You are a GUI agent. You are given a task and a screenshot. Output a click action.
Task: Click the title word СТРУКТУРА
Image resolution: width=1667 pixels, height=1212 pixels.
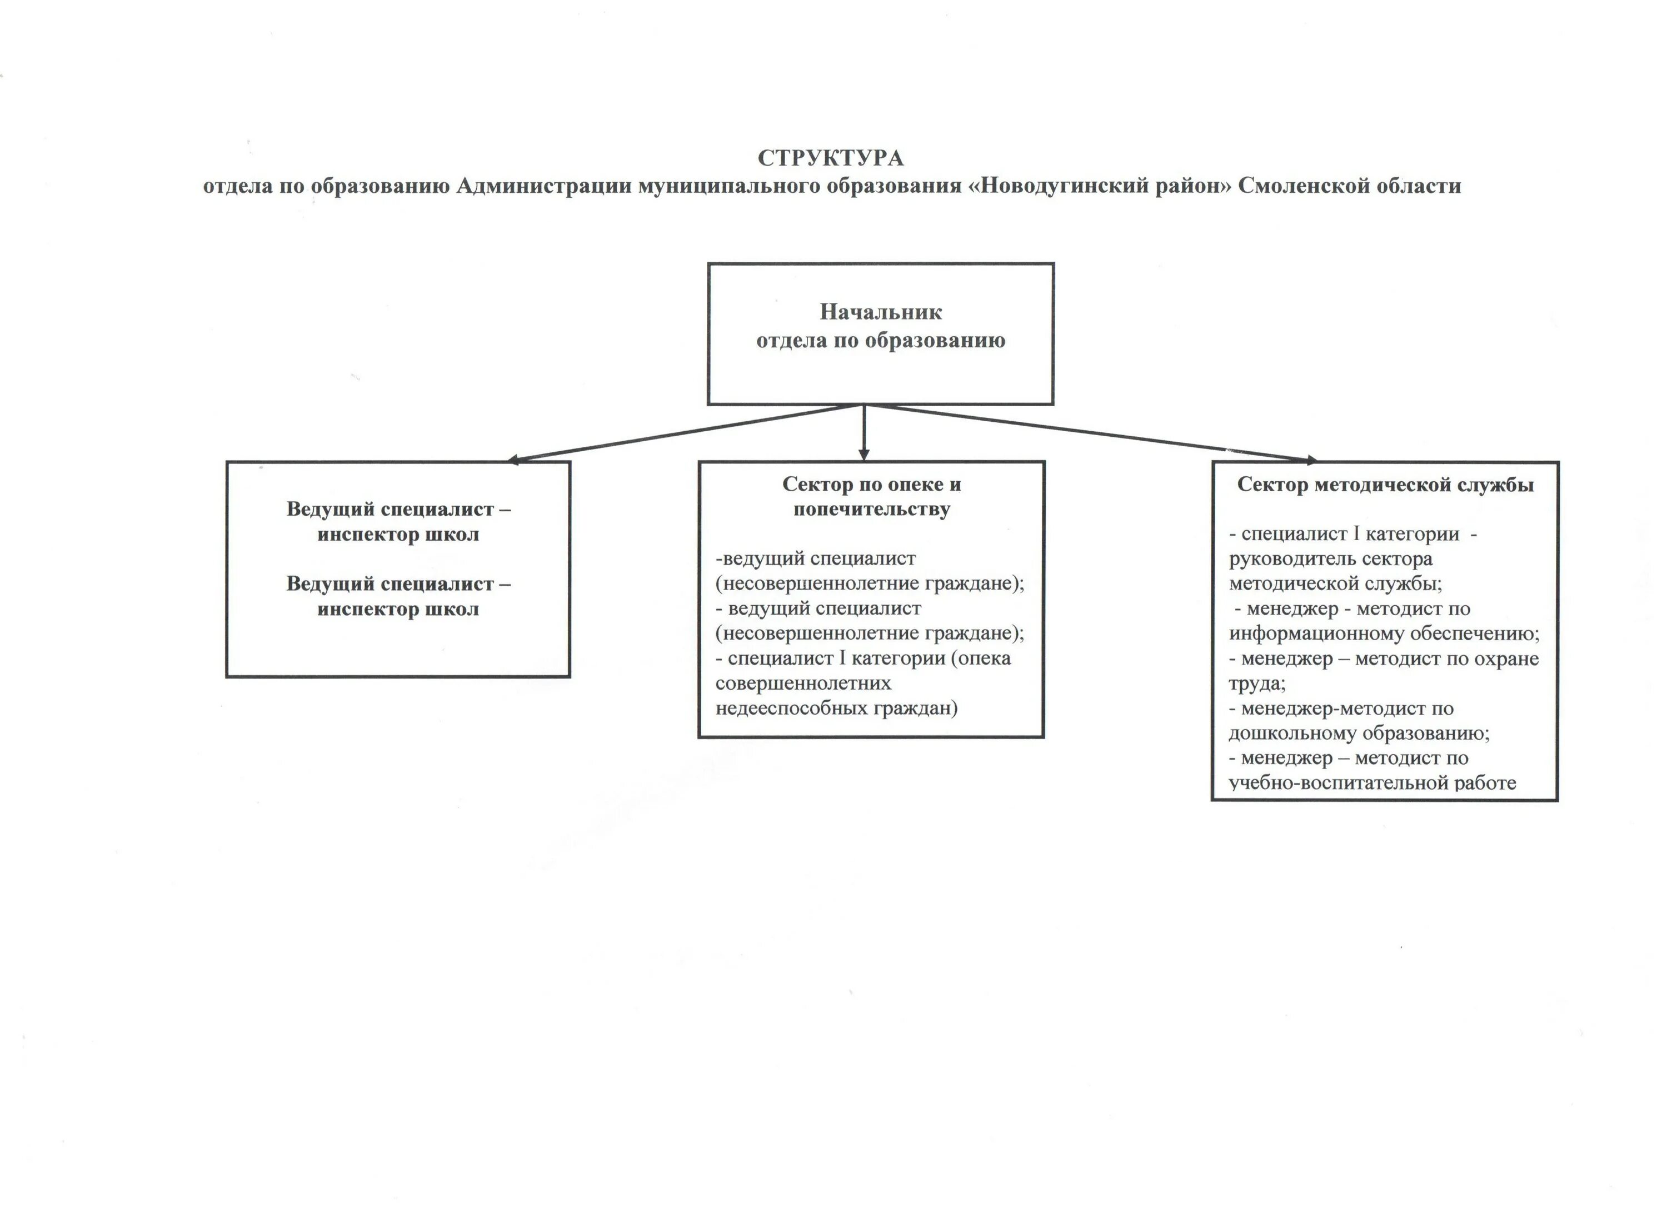coord(831,158)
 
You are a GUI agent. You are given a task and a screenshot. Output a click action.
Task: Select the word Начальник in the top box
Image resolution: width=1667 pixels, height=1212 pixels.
coord(881,312)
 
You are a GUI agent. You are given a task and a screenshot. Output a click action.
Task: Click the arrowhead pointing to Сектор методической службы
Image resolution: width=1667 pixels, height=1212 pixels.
coord(1309,461)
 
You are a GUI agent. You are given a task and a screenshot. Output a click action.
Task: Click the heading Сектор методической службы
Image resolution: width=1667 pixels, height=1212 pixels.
coord(1385,485)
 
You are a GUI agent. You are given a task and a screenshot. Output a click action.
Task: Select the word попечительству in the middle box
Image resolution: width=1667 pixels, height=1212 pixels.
coord(872,510)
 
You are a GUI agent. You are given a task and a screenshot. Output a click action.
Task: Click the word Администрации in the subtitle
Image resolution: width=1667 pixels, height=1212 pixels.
coord(544,186)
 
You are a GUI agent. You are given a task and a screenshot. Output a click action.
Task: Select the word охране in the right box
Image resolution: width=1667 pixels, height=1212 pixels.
coord(1507,659)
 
